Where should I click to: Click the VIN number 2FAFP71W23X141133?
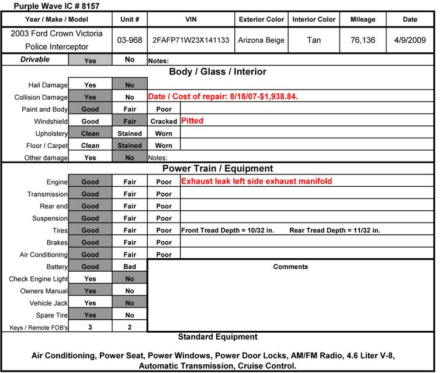point(191,40)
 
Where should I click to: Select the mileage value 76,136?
point(362,40)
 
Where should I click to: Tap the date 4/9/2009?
point(410,40)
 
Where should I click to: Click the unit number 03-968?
point(129,40)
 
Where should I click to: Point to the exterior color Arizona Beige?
point(261,40)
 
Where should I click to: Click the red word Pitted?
point(192,121)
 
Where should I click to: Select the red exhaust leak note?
point(257,182)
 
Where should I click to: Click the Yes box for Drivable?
point(90,60)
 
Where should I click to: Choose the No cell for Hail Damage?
point(129,85)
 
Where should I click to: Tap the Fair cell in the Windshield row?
point(129,121)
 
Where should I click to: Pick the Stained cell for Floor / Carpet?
point(129,146)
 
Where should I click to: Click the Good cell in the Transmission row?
point(90,194)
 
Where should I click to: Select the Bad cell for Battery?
point(129,266)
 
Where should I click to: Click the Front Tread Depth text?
point(227,230)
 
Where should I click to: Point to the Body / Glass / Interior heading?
point(217,72)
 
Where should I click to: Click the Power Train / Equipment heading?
point(217,169)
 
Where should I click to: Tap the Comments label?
point(290,267)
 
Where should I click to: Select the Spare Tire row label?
point(50,316)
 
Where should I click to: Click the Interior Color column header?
point(314,19)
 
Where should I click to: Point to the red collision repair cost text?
point(223,97)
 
